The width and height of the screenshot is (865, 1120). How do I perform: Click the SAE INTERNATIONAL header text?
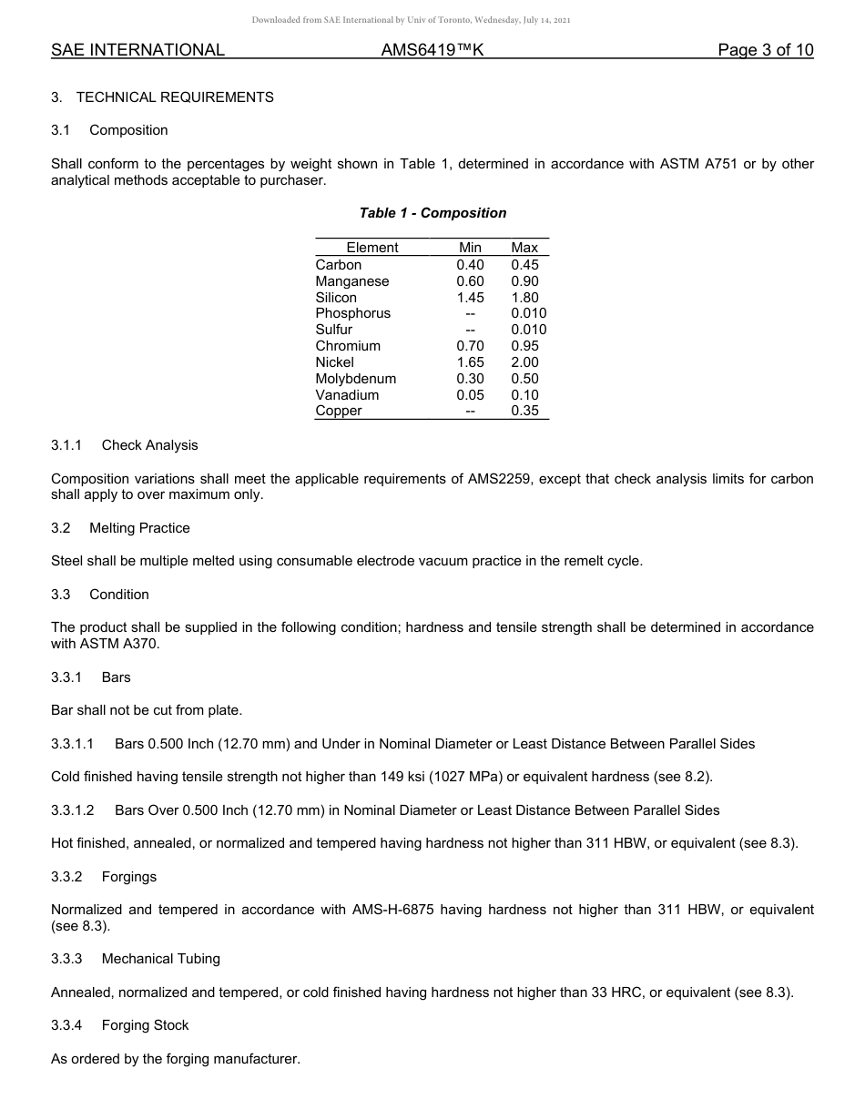tap(137, 51)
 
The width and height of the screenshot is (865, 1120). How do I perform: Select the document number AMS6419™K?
tap(432, 51)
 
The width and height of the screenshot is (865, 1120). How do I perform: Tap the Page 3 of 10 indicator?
tap(765, 51)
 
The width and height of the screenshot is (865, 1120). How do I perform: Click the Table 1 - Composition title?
tap(432, 213)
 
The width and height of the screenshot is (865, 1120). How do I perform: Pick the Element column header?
tap(372, 248)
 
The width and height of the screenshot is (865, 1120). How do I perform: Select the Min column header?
tap(470, 248)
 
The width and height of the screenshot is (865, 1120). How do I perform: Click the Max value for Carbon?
tap(524, 265)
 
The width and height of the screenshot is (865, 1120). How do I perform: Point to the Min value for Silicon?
tap(470, 298)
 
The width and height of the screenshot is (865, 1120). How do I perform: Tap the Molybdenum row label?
tap(355, 379)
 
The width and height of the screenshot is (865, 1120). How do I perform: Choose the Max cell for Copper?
tap(524, 411)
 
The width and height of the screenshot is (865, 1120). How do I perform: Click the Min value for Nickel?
tap(470, 362)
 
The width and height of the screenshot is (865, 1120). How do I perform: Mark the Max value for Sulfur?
tap(528, 330)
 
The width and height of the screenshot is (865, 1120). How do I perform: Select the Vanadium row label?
tap(347, 395)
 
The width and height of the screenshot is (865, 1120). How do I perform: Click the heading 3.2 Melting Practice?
tap(120, 528)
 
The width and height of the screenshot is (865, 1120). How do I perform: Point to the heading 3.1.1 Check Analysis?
tap(125, 445)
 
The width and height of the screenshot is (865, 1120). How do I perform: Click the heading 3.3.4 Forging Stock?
tap(120, 1025)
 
